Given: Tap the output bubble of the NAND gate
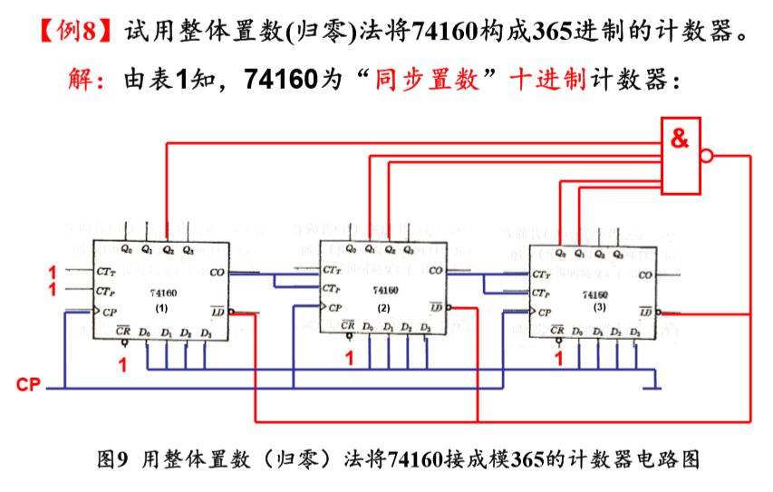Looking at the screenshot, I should click(707, 156).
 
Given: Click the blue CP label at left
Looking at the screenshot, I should click(28, 385).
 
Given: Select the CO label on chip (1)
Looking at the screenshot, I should click(217, 271).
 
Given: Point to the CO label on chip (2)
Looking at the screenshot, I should click(436, 270).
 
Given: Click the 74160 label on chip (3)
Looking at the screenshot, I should click(595, 294).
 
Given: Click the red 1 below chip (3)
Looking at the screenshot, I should click(559, 359).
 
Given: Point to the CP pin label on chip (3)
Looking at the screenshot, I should click(543, 313).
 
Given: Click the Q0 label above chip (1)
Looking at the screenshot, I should click(126, 248).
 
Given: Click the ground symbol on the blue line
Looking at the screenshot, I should click(650, 388).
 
